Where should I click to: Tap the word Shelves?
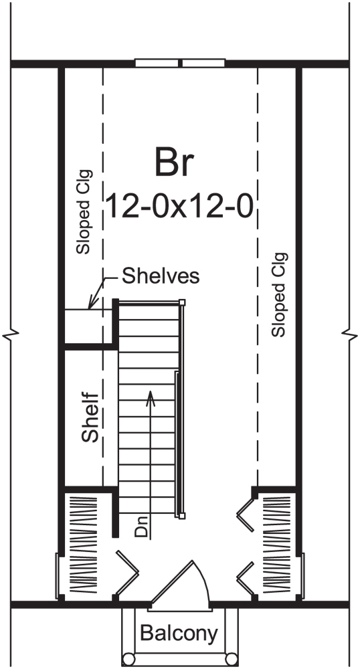click(161, 276)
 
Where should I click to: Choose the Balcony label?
click(179, 633)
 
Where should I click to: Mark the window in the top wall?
click(180, 64)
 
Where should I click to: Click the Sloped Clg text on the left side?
click(83, 211)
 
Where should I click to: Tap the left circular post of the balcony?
click(128, 661)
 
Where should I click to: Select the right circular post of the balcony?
click(231, 661)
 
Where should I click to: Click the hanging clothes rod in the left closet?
click(80, 545)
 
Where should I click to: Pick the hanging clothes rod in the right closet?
click(280, 545)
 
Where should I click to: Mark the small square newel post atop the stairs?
click(181, 302)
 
